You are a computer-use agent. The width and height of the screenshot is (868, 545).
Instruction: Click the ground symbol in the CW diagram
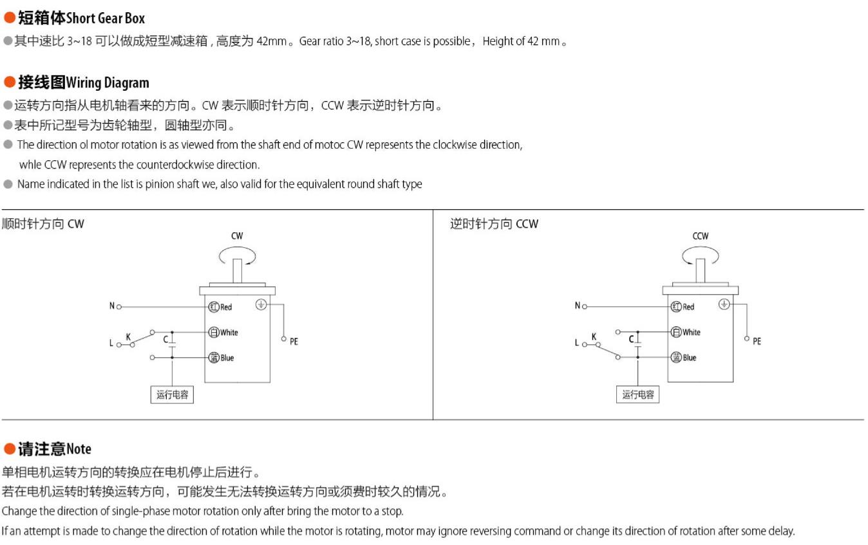tap(261, 304)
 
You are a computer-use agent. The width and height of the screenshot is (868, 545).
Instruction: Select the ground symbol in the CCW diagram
tap(724, 304)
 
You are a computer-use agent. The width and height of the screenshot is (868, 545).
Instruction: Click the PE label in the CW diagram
tap(294, 342)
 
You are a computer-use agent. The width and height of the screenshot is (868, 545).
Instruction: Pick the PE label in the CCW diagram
tap(757, 341)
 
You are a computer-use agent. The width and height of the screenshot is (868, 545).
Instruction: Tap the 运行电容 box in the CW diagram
tap(173, 394)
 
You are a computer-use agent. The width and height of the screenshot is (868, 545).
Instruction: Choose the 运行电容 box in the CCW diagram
tap(637, 394)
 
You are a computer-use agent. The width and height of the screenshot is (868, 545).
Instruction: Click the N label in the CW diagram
tap(111, 306)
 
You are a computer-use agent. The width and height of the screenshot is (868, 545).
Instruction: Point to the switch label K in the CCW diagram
tap(594, 337)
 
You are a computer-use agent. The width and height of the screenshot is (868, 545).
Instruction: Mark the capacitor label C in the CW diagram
tap(165, 338)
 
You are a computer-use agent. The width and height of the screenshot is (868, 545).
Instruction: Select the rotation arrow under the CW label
tap(238, 257)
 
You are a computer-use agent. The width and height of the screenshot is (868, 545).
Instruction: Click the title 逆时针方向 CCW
tap(494, 224)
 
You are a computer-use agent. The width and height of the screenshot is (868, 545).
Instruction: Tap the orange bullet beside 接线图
tap(10, 82)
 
